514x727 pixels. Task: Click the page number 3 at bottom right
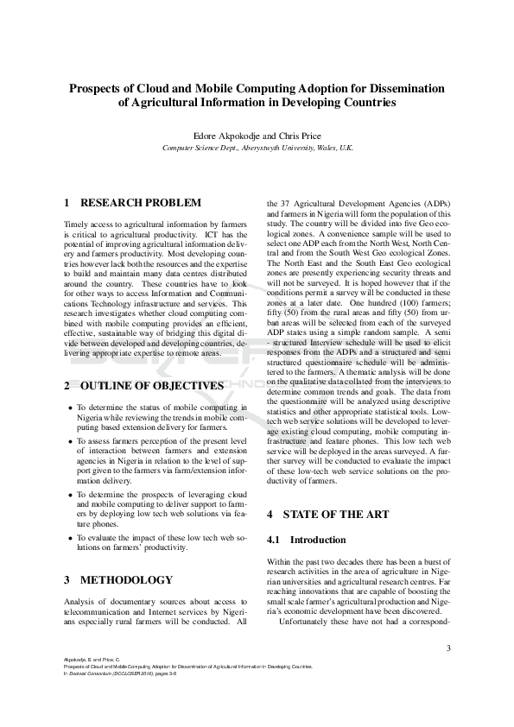447,648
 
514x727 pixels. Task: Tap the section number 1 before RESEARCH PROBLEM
67,203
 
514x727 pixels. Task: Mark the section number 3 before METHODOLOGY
67,579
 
